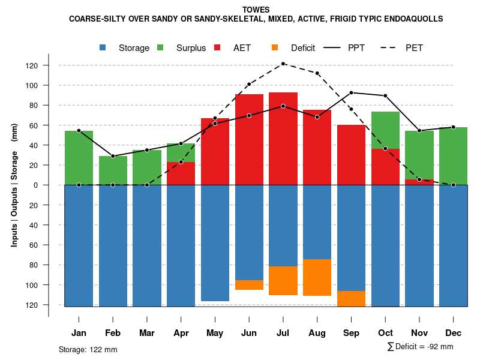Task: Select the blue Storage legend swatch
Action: tap(104, 47)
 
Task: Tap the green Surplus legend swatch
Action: tap(161, 47)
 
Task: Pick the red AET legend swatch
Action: tap(218, 47)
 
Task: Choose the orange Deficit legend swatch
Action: tap(275, 47)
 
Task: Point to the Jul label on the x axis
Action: tap(283, 333)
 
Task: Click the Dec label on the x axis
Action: tap(453, 333)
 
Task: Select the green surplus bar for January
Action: tap(79, 157)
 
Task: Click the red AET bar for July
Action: tap(283, 138)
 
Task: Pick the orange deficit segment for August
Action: tap(317, 277)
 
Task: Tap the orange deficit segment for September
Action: tap(352, 298)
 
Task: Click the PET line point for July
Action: tap(283, 64)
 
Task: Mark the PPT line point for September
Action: tap(352, 92)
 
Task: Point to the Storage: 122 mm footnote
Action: tap(88, 349)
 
